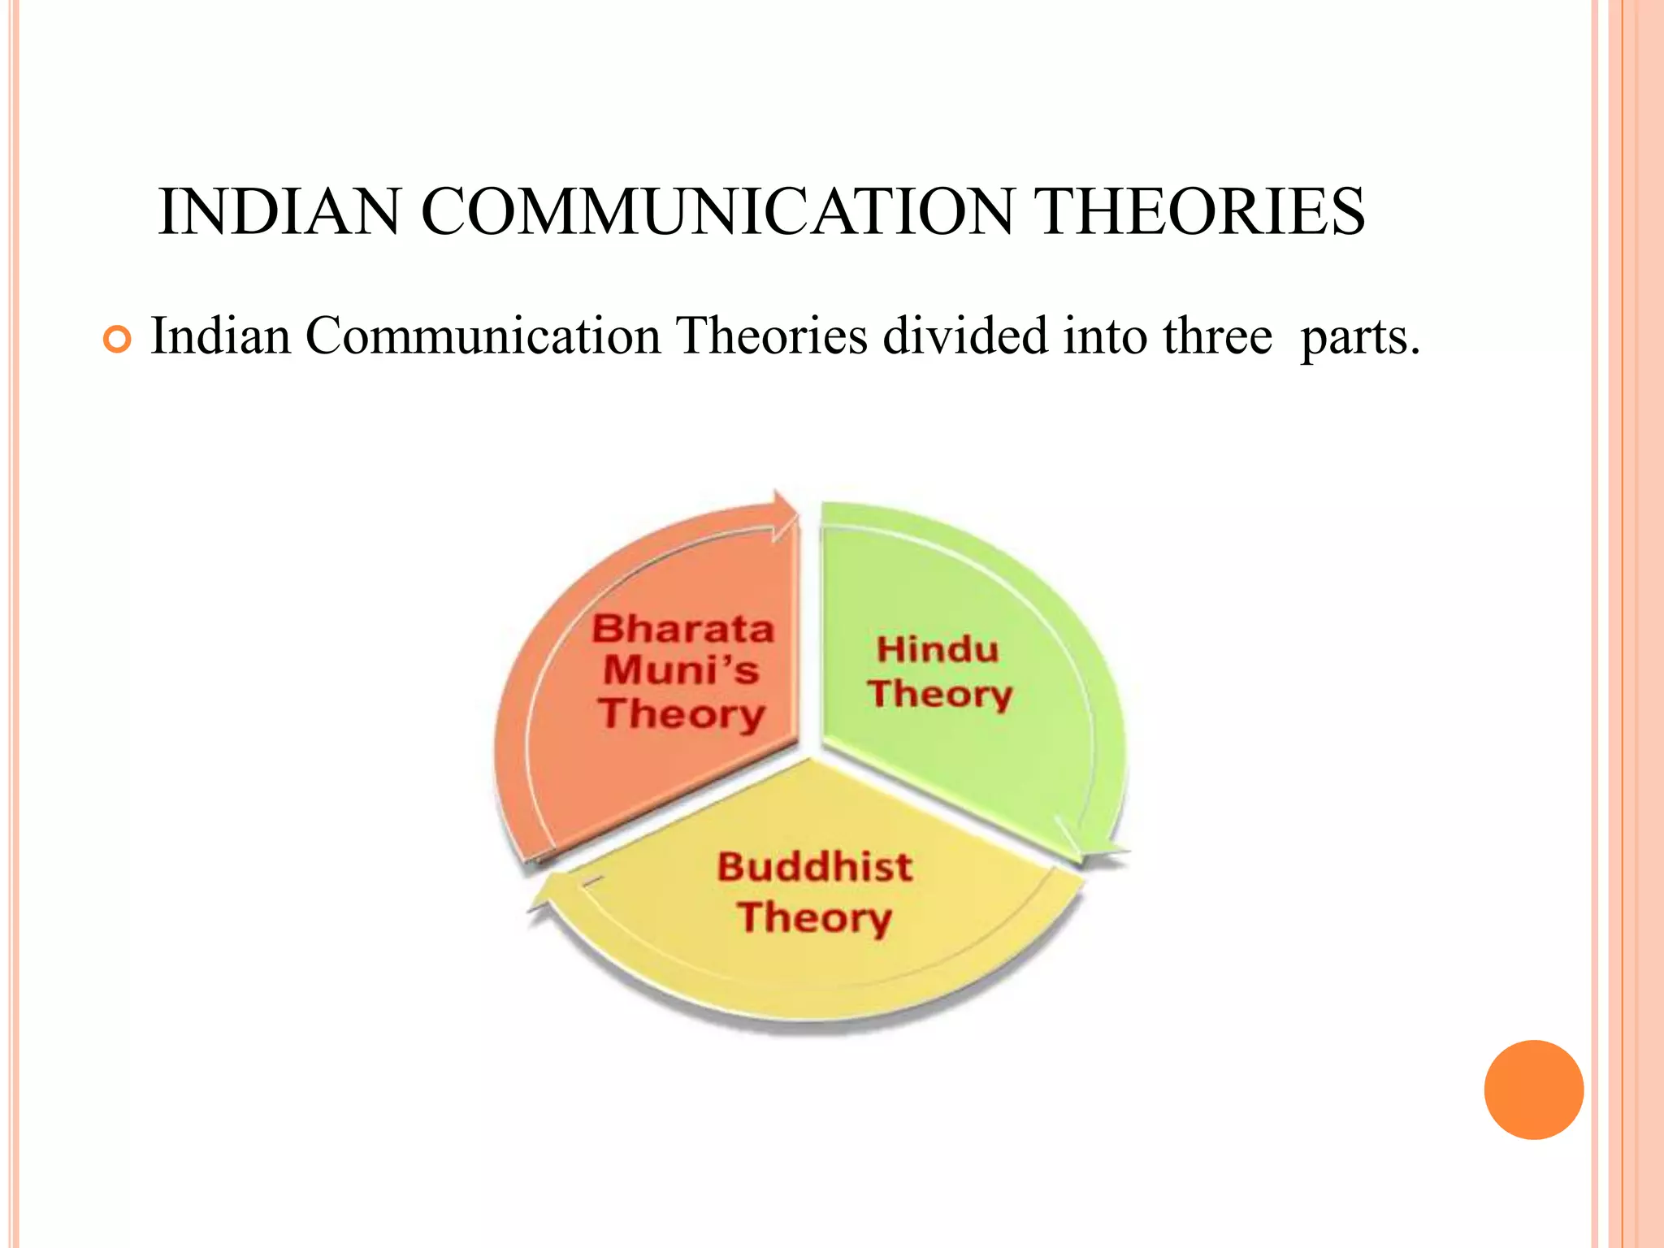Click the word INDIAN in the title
tap(279, 212)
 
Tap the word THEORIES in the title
tap(1202, 212)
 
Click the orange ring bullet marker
tap(118, 340)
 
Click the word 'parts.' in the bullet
tap(1359, 337)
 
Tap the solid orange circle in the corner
tap(1533, 1090)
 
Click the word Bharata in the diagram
tap(682, 629)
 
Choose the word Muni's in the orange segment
tap(681, 670)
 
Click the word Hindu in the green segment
tap(938, 650)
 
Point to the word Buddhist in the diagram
tap(815, 867)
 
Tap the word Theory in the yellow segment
tap(815, 917)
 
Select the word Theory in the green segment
tap(940, 694)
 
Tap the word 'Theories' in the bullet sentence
tap(772, 336)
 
